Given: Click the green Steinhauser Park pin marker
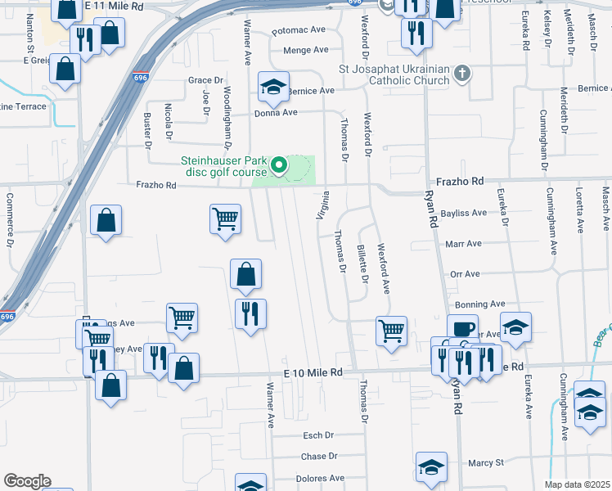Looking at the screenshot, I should (278, 166).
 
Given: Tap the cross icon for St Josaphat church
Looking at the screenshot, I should (462, 74).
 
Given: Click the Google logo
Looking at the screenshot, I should (27, 480).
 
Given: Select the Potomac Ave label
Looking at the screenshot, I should (299, 29).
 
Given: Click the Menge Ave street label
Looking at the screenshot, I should (305, 50).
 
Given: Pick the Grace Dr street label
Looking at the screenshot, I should (205, 80).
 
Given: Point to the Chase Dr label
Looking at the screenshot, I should (319, 457).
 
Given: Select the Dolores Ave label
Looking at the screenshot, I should (319, 478).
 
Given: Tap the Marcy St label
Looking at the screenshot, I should (485, 463).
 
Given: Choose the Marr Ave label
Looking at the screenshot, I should (463, 244).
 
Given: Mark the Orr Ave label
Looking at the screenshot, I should (464, 274).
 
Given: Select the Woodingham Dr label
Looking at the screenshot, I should (227, 111).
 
